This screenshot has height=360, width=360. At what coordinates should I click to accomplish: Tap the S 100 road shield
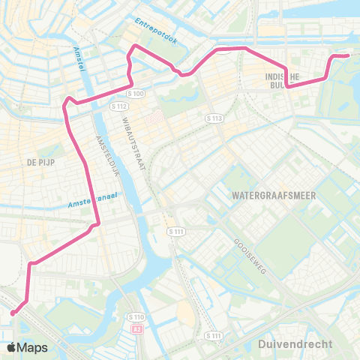(x=135, y=94)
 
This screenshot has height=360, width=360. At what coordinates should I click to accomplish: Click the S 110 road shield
(x=135, y=317)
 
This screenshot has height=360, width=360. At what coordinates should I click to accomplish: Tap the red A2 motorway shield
(x=136, y=328)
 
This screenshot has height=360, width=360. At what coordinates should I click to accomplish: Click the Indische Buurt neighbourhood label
(x=283, y=80)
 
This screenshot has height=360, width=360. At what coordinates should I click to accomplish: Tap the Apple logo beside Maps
(x=13, y=347)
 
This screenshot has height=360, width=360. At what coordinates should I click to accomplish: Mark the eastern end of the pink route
(x=347, y=55)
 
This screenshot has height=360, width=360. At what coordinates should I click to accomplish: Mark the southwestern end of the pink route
(x=13, y=313)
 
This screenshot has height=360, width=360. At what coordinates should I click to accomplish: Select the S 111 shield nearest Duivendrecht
(x=214, y=335)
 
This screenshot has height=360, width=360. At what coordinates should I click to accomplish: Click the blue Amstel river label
(x=78, y=58)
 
